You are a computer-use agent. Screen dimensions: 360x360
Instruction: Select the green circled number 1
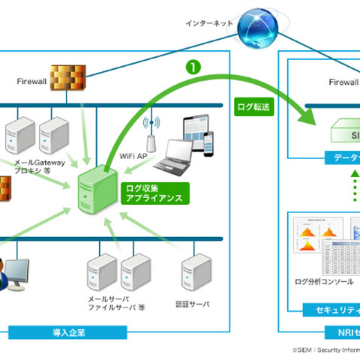(x=194, y=67)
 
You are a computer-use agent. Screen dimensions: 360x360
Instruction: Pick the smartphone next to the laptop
(x=208, y=142)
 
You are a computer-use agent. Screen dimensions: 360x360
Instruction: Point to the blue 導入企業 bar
(x=112, y=331)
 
